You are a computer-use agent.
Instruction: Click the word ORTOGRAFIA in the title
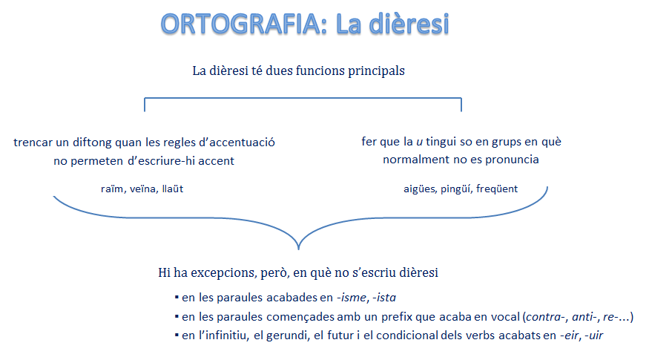pyautogui.click(x=240, y=24)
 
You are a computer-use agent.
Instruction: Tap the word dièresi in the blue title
pyautogui.click(x=409, y=24)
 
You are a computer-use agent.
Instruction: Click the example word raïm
pyautogui.click(x=112, y=189)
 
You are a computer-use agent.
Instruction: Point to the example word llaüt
pyautogui.click(x=173, y=189)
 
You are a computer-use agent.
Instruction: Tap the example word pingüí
pyautogui.click(x=455, y=189)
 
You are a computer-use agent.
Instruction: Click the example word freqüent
pyautogui.click(x=497, y=189)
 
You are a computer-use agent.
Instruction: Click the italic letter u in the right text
pyautogui.click(x=419, y=142)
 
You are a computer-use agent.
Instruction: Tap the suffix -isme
pyautogui.click(x=352, y=298)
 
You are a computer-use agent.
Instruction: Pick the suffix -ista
pyautogui.click(x=384, y=298)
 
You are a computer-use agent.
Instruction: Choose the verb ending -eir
pyautogui.click(x=570, y=336)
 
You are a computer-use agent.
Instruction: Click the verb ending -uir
pyautogui.click(x=593, y=336)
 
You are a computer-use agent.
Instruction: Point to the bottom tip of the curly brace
pyautogui.click(x=298, y=249)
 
